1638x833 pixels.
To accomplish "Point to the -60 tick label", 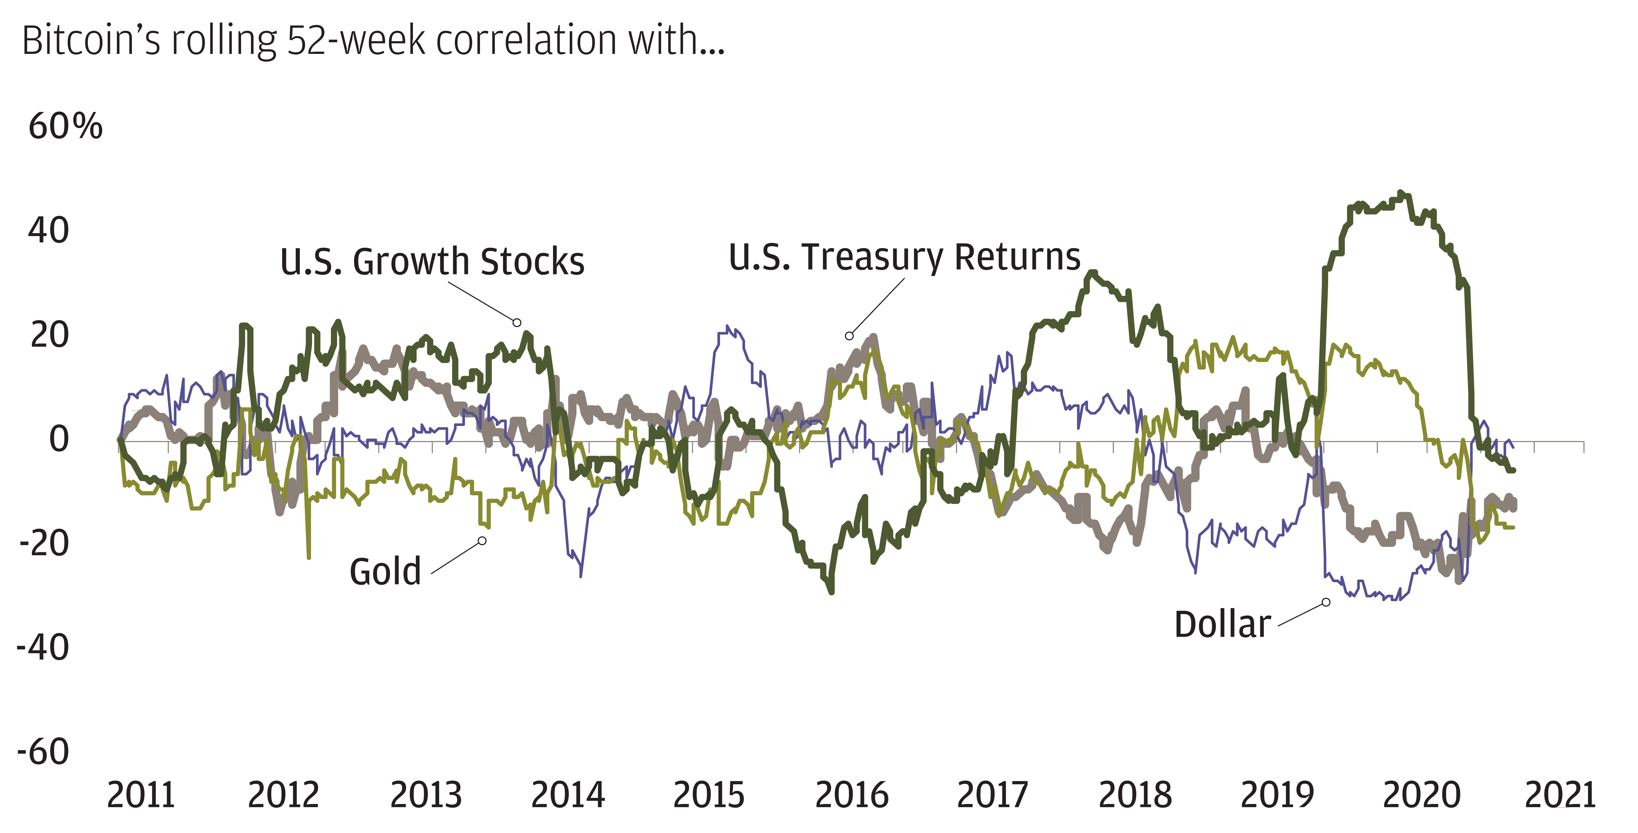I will click(43, 752).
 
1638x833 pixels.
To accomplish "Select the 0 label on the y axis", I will click(59, 439).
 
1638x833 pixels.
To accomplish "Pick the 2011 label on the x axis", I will click(141, 795).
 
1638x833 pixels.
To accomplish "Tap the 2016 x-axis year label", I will click(851, 795).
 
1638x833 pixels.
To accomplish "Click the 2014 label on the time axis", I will click(568, 795).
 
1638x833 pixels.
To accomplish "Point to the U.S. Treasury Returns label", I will click(904, 257).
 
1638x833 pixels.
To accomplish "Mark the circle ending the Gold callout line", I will click(482, 541).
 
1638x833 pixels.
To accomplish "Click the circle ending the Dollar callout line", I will click(1326, 602).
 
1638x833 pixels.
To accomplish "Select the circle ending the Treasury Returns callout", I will click(849, 336).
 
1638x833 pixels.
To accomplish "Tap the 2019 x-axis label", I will click(1277, 795).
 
